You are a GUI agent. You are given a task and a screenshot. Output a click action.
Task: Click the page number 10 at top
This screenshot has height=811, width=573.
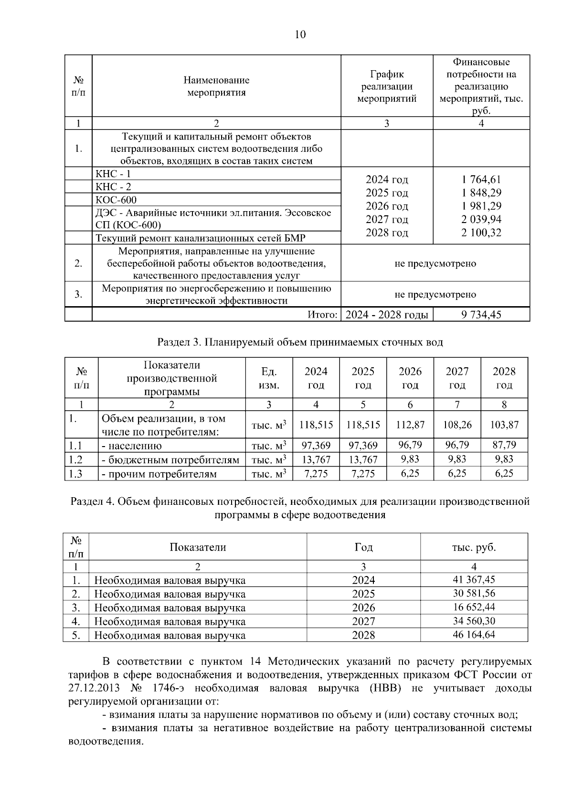tap(300, 34)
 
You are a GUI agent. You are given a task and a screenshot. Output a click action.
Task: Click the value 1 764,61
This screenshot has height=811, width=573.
tap(481, 180)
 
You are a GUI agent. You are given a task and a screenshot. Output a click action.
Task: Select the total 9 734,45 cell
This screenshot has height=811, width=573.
tap(481, 315)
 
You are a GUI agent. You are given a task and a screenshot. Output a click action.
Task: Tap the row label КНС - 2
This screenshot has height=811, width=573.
tap(114, 187)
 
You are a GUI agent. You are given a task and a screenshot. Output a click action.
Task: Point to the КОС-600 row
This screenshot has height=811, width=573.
tap(117, 200)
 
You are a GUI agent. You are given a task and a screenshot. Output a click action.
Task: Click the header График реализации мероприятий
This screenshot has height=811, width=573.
tap(387, 86)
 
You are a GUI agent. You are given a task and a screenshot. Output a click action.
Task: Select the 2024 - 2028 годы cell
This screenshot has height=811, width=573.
tap(387, 315)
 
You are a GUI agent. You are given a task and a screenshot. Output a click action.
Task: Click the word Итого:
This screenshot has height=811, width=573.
tap(323, 315)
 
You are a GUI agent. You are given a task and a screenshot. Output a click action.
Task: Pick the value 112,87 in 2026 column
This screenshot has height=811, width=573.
tap(410, 425)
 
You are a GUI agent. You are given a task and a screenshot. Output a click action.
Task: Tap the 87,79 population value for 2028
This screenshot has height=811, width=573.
tap(504, 445)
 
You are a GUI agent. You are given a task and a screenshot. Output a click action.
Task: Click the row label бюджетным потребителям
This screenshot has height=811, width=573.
tap(170, 460)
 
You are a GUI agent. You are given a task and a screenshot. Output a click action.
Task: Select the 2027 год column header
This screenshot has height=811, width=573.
tap(457, 378)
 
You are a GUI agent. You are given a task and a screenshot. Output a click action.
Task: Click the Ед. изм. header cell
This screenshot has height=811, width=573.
tap(269, 378)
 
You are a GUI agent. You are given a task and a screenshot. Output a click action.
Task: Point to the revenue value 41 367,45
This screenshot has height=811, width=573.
tap(474, 580)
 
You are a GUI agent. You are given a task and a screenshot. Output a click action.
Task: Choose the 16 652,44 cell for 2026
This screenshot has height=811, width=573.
tap(474, 608)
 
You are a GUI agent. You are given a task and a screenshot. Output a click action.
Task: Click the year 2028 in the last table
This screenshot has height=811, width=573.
tap(363, 635)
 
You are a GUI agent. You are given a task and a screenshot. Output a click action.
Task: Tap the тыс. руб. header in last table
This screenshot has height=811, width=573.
tap(474, 547)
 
